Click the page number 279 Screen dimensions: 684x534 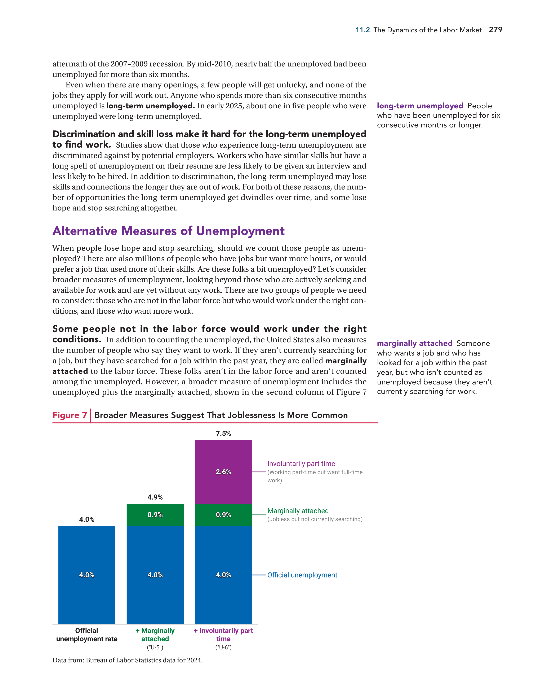point(495,30)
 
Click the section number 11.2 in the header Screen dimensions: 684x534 point(362,30)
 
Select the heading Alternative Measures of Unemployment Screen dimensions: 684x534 point(168,231)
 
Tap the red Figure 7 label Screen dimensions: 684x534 point(70,415)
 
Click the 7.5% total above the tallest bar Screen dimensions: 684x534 point(223,434)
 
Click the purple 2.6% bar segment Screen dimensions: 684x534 point(223,472)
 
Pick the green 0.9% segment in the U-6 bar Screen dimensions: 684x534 point(223,515)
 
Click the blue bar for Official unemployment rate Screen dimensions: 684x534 point(87,575)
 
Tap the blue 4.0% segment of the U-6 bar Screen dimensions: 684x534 point(223,575)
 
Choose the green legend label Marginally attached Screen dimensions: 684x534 point(298,511)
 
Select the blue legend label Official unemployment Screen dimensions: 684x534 point(302,575)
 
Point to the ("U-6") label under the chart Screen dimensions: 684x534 point(223,647)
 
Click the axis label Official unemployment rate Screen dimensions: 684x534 point(87,635)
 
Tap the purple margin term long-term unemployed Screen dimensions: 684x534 point(420,106)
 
